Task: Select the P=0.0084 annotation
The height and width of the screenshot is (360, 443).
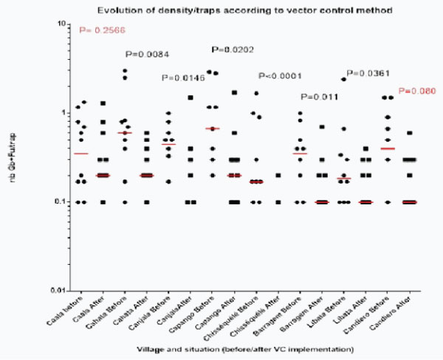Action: tap(147, 54)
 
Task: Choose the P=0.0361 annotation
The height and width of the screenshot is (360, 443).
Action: tap(369, 73)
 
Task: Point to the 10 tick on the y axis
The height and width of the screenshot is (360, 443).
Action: tap(65, 24)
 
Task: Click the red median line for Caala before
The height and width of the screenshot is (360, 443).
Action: tap(80, 153)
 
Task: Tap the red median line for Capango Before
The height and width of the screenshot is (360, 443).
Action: tap(213, 128)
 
